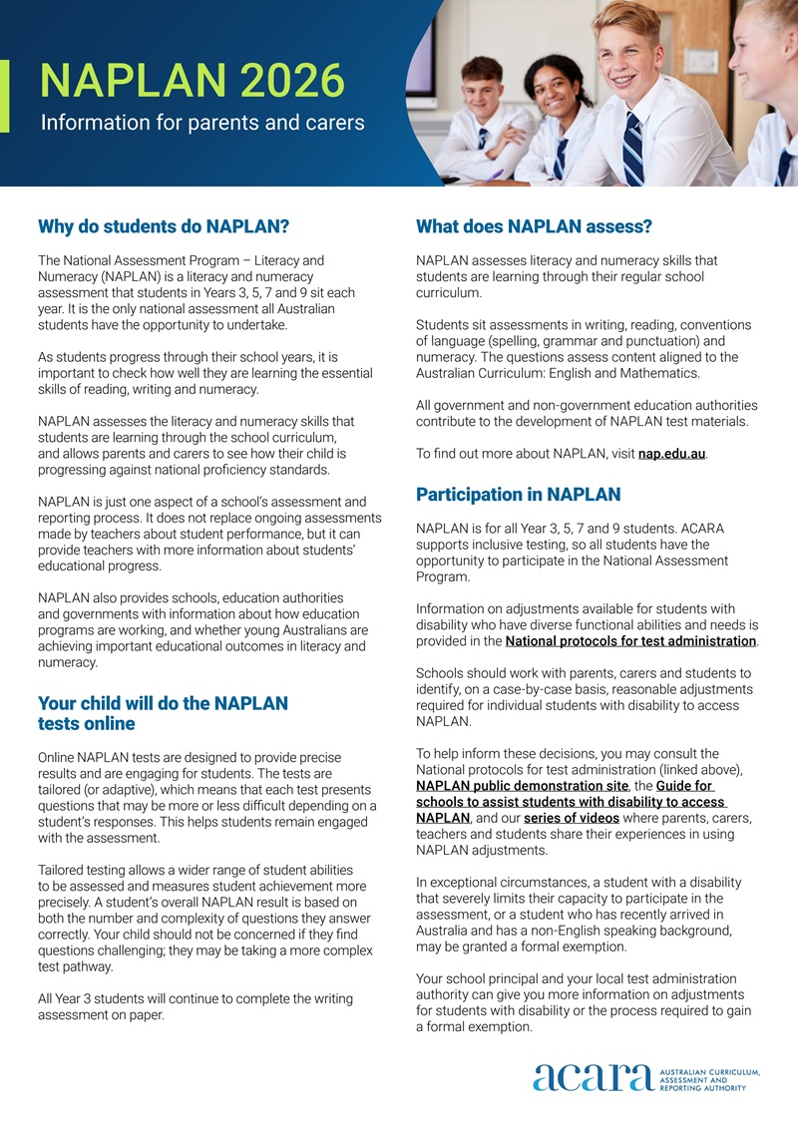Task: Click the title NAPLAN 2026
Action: tap(192, 81)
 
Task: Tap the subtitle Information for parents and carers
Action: tap(202, 124)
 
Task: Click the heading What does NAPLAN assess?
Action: tap(534, 226)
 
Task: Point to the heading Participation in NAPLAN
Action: tap(518, 494)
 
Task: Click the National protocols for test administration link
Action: tap(630, 641)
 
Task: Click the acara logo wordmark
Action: tap(593, 1078)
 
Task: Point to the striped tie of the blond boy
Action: tap(632, 150)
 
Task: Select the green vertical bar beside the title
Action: tap(4, 96)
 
